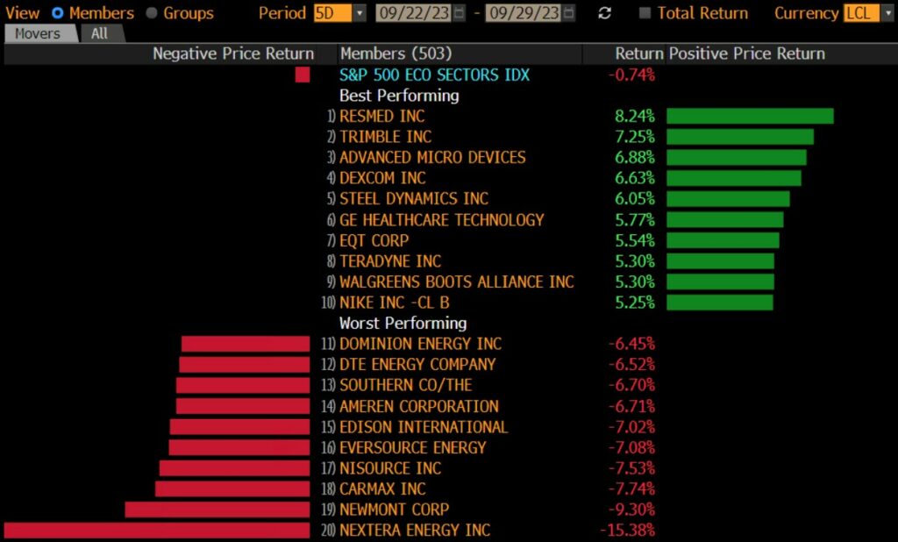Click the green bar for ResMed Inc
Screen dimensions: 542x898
750,116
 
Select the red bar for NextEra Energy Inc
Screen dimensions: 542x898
157,530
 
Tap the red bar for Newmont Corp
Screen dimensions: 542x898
217,510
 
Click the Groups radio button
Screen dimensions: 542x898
151,13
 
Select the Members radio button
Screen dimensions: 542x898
58,13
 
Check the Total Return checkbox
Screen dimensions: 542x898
645,13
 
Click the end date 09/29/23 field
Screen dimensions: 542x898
525,13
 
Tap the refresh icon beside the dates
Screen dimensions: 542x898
604,13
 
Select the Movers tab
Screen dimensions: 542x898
38,33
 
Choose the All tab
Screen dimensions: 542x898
101,33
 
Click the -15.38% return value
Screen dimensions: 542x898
627,531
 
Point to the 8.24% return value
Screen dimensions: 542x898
635,117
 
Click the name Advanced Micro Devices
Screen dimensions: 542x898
432,158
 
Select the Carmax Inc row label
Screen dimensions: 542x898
382,489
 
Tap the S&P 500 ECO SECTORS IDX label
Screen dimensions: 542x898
434,75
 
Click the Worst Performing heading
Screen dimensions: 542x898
403,323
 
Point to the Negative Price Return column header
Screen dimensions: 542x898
233,53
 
